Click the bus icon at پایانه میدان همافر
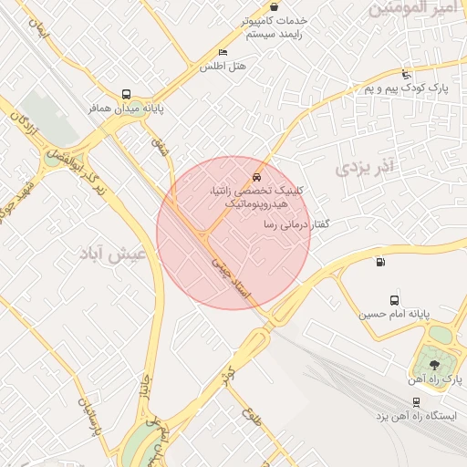pos(126,94)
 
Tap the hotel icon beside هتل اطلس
pos(223,53)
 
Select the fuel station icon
pos(380,263)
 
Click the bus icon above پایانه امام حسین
pos(394,300)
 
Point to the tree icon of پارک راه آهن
pos(432,364)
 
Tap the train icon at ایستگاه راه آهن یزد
pos(416,401)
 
